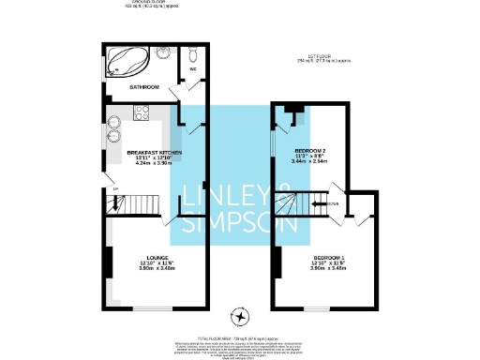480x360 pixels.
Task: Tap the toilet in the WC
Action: coord(190,53)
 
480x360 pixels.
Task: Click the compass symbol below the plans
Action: coord(242,316)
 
